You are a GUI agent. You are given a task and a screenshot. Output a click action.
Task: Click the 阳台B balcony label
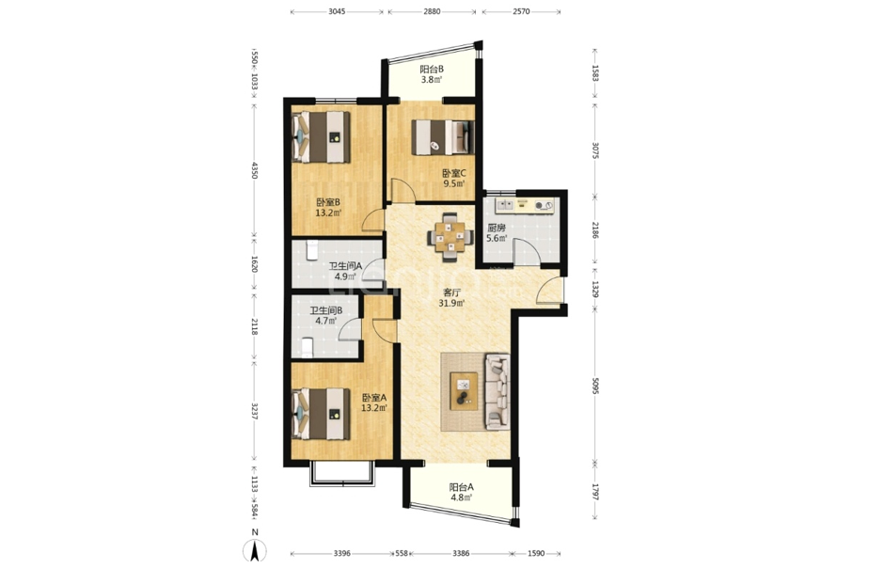tap(432, 70)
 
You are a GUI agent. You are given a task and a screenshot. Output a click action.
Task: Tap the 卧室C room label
tap(454, 173)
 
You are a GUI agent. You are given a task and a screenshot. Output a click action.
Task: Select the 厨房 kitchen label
tap(497, 228)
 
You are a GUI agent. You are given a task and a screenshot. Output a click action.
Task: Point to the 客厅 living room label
tap(451, 293)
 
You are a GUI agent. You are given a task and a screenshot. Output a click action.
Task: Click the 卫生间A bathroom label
tap(345, 266)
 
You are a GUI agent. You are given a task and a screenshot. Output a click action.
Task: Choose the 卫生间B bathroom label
tap(326, 310)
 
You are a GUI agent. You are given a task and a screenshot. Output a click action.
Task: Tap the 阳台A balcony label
tap(461, 487)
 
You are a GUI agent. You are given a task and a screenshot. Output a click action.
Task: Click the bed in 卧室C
tap(443, 137)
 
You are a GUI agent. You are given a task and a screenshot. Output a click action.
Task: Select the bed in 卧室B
tap(321, 137)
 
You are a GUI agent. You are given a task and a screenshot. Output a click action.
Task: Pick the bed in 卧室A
tap(321, 413)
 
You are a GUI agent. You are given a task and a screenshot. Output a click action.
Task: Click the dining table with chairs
tap(450, 237)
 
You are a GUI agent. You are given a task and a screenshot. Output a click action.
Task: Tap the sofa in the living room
tap(497, 391)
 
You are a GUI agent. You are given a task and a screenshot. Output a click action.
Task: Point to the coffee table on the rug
tap(464, 391)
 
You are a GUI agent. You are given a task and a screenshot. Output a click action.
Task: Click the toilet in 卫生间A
tap(312, 251)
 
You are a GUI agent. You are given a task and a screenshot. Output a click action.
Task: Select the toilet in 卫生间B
tap(308, 347)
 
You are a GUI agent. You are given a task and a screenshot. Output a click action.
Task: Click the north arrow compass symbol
tap(255, 549)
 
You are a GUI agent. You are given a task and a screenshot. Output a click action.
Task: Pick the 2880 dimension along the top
tap(433, 11)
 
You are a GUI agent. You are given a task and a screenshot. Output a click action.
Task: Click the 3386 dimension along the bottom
tap(461, 553)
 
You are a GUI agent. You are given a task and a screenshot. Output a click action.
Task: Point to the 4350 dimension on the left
tap(254, 171)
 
